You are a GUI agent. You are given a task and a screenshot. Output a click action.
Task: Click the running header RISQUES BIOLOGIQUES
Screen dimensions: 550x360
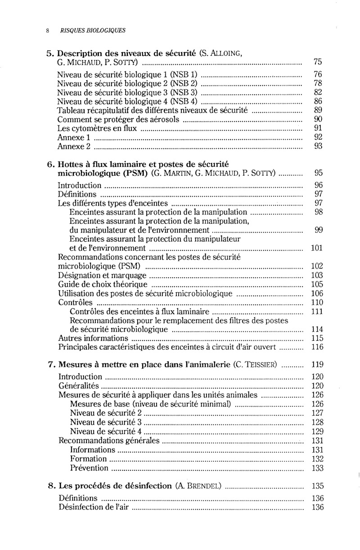[x=93, y=31]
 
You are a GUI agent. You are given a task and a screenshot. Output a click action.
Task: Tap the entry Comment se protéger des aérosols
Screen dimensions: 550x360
[x=119, y=120]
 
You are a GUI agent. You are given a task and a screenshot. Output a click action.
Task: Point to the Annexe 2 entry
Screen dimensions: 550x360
[x=75, y=147]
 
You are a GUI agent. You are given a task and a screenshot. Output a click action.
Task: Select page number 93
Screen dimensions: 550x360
[x=318, y=147]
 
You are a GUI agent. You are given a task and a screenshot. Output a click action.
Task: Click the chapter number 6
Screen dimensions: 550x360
[x=50, y=164]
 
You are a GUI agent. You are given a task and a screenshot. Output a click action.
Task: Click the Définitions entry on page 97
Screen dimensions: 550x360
[x=77, y=194]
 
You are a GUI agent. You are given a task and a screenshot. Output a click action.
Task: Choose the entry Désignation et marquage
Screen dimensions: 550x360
[x=103, y=275]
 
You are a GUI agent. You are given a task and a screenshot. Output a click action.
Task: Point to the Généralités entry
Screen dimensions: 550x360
[x=79, y=386]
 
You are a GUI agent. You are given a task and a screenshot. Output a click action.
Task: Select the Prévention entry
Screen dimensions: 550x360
[x=90, y=468]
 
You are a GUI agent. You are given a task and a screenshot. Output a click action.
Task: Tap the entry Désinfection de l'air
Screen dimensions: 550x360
[x=96, y=508]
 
